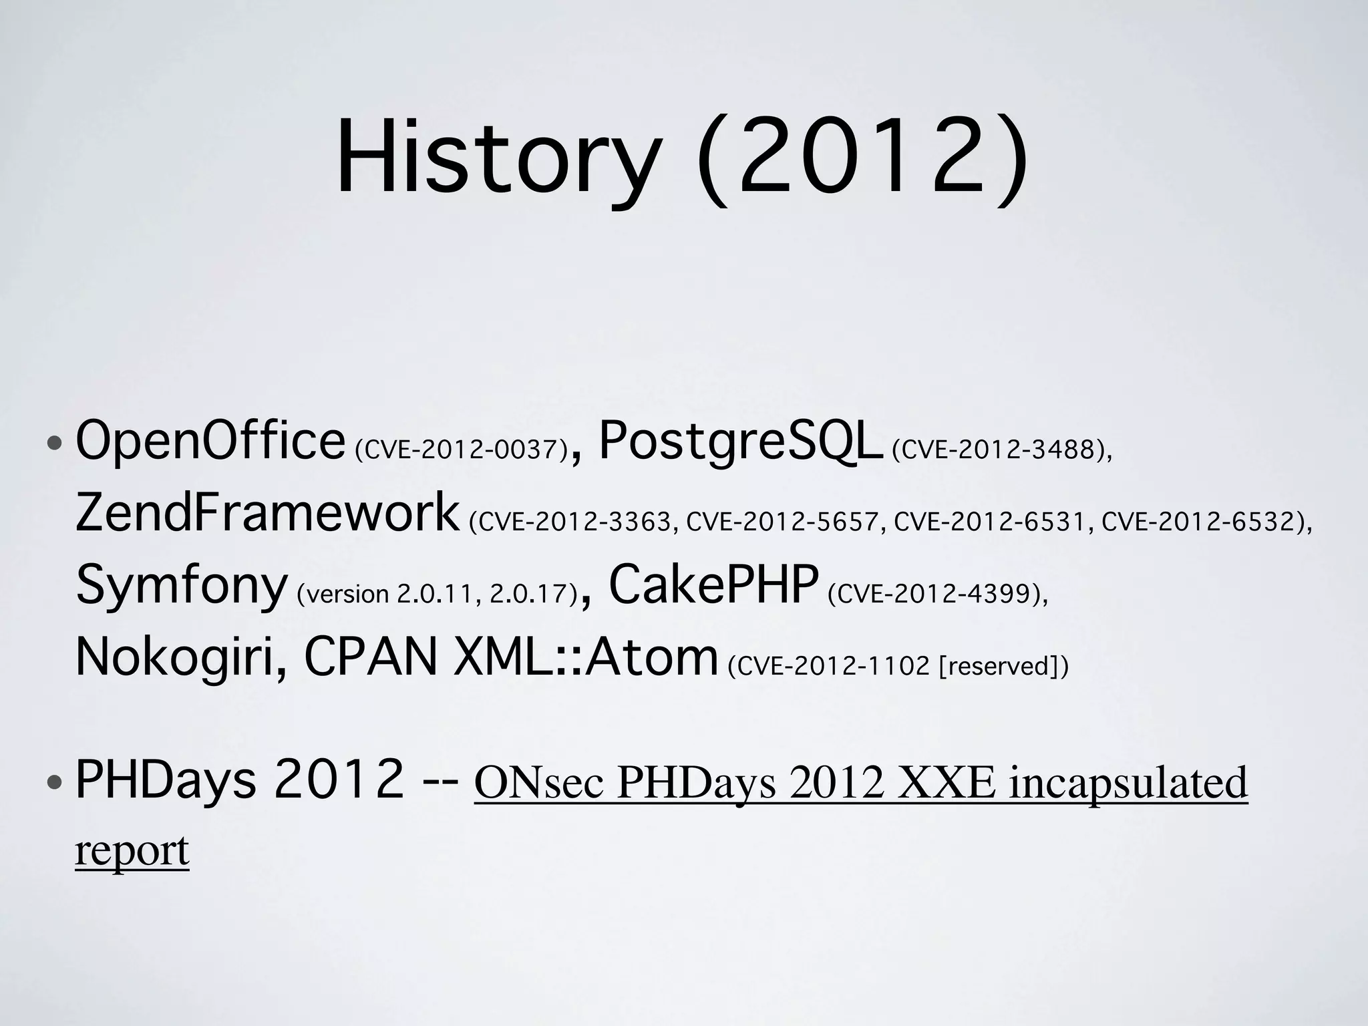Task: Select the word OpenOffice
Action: click(x=210, y=442)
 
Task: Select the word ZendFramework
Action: click(x=267, y=513)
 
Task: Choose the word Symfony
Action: click(x=181, y=585)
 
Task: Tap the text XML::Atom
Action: click(x=585, y=657)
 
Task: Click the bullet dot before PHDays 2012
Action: click(x=56, y=782)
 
